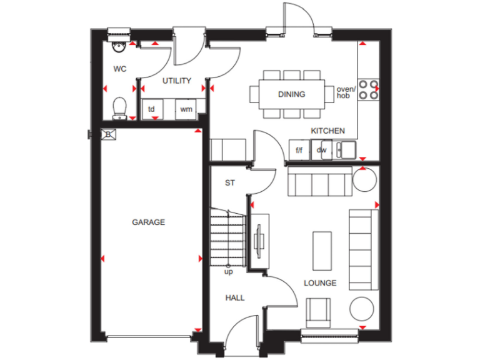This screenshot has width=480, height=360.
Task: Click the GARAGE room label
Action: [x=148, y=222]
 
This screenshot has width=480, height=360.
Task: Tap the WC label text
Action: [x=120, y=69]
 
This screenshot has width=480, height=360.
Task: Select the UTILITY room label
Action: [x=177, y=81]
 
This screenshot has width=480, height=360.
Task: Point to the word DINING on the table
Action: [x=291, y=94]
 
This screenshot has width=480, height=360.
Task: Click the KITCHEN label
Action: [x=327, y=131]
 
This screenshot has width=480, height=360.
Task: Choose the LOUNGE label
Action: [x=320, y=283]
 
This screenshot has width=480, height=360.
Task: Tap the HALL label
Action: [x=235, y=297]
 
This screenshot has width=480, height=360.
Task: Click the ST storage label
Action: [x=229, y=183]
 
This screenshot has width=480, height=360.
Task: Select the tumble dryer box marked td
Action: [x=151, y=109]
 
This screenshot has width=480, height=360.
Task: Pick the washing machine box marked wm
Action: [x=186, y=109]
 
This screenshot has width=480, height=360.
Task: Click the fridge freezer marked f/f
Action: [x=299, y=150]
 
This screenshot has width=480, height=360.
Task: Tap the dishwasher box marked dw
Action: [x=321, y=150]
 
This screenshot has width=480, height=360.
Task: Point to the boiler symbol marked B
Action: [x=107, y=134]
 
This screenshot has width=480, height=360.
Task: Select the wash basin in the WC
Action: [x=117, y=46]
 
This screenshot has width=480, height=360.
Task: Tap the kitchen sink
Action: [x=346, y=149]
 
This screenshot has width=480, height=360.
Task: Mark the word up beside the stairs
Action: [x=229, y=272]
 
